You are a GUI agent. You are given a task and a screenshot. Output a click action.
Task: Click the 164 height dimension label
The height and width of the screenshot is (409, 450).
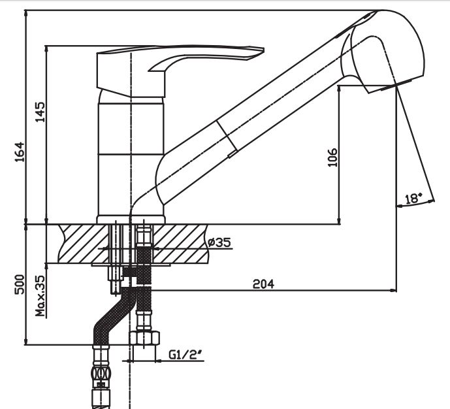coord(18,154)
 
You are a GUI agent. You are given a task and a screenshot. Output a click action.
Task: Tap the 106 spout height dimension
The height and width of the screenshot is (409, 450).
coord(332,157)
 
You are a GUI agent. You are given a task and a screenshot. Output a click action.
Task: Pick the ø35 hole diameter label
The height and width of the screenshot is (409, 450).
coord(220,242)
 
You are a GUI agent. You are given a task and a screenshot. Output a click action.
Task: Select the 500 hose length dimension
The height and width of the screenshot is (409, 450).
coord(19,285)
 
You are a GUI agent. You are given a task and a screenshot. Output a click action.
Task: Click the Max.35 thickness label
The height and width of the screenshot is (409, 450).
coord(40,295)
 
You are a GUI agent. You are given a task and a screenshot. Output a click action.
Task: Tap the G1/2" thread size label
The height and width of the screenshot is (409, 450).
coord(184,355)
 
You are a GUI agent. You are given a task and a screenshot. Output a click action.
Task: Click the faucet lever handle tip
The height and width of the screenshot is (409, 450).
coord(257,50)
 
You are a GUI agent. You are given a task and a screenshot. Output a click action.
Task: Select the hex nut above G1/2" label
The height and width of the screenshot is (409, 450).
coord(144,338)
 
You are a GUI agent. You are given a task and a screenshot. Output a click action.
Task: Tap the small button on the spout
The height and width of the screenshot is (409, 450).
coord(231,155)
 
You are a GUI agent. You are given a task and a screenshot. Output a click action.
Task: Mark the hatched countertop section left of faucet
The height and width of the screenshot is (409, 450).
coord(84,243)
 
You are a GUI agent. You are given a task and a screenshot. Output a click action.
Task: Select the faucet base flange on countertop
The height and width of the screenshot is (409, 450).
coord(131,219)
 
